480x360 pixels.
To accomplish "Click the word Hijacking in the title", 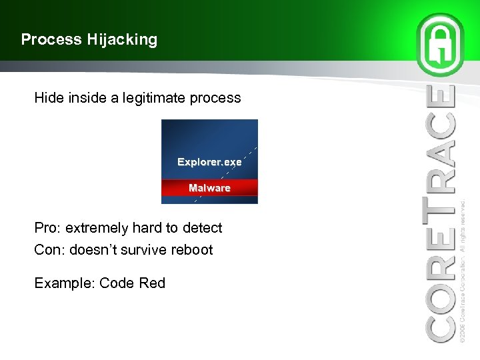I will [x=121, y=40].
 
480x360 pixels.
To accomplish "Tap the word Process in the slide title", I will [x=51, y=40].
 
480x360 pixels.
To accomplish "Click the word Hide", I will [x=50, y=98].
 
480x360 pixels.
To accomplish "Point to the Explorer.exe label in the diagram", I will [x=209, y=162].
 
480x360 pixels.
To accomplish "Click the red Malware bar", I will [x=209, y=188].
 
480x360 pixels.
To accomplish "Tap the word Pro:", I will [x=47, y=228].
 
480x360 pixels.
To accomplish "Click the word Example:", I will [x=65, y=283].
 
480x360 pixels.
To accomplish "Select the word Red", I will [x=152, y=283].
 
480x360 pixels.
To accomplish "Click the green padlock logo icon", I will [x=440, y=43].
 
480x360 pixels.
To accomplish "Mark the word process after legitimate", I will [x=214, y=98].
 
